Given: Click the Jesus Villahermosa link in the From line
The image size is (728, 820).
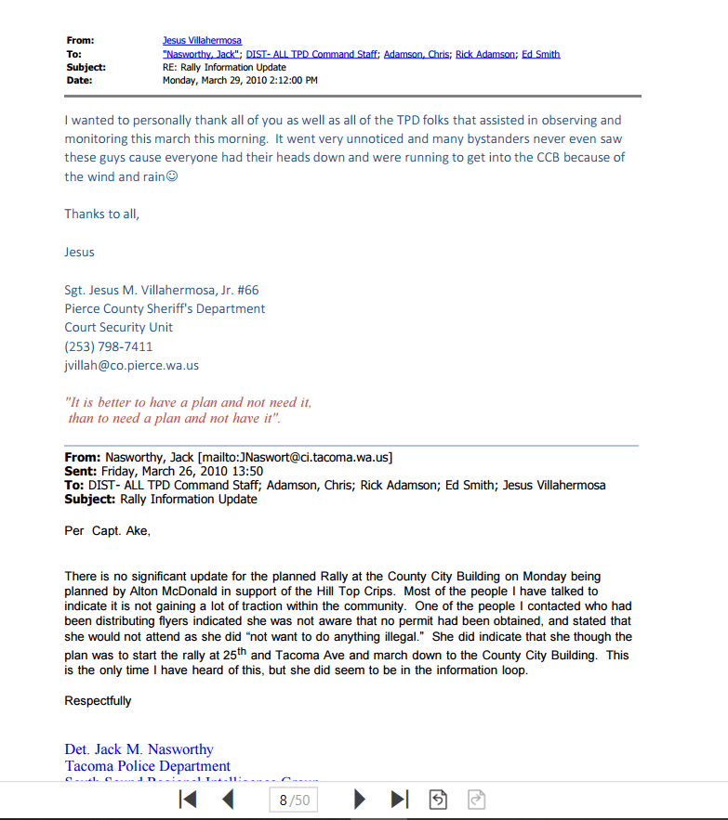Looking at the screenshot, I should (x=202, y=41).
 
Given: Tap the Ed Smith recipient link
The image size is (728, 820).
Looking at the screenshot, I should (x=540, y=54).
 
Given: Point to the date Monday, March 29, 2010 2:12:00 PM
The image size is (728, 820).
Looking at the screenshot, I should (x=240, y=80).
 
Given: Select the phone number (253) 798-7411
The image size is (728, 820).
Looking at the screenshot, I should (x=109, y=346).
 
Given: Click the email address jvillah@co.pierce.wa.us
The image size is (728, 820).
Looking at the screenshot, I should (x=131, y=365).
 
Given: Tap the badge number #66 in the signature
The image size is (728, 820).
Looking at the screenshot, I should (x=246, y=290).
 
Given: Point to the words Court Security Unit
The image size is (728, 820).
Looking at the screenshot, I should (x=118, y=327).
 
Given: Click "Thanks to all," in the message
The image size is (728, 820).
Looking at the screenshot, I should (x=101, y=214).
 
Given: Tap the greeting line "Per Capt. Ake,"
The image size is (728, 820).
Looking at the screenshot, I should (x=107, y=531).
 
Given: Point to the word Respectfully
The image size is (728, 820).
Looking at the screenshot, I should (x=98, y=701).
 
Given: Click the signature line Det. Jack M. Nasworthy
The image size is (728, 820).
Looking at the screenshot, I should (x=139, y=749).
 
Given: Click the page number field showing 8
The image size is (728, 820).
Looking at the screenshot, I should (x=283, y=800).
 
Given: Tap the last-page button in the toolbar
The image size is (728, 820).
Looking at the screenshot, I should (x=400, y=800).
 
